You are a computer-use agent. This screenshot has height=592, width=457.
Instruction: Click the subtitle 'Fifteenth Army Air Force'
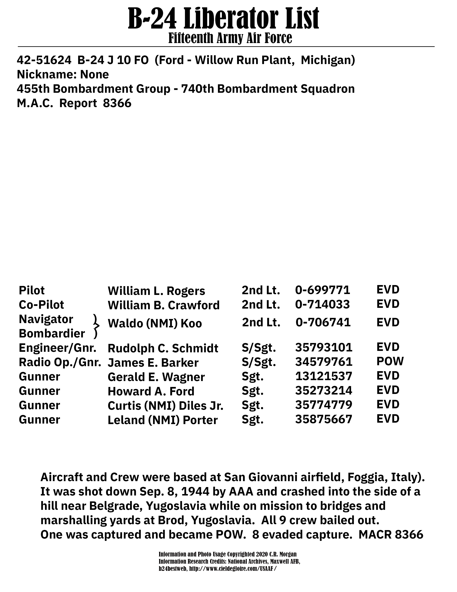(x=230, y=38)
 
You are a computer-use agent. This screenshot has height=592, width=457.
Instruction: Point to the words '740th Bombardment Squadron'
(x=268, y=89)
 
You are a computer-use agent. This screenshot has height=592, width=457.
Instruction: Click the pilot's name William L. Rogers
(x=156, y=291)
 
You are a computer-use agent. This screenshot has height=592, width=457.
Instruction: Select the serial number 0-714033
(x=322, y=304)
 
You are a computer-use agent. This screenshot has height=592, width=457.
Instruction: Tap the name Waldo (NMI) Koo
(x=155, y=323)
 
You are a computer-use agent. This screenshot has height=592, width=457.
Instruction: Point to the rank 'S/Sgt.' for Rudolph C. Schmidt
(x=259, y=348)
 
